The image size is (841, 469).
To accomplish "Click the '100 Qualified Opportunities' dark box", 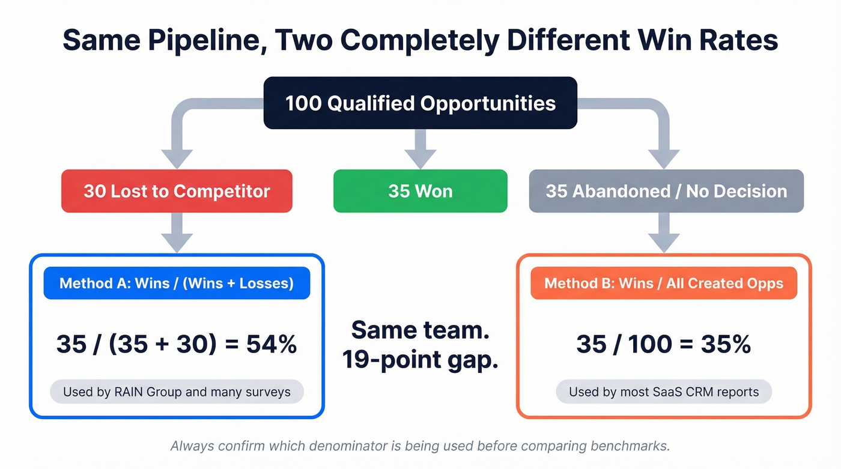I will (x=421, y=103).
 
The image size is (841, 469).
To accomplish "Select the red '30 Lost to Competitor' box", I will (x=177, y=191).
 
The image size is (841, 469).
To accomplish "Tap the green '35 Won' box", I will (x=421, y=191).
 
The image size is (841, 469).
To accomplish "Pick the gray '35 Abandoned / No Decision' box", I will (x=666, y=191).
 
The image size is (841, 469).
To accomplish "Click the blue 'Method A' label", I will (x=177, y=283).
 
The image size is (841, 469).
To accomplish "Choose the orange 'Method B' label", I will (x=664, y=283).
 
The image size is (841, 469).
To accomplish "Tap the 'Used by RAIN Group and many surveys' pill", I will (x=177, y=392).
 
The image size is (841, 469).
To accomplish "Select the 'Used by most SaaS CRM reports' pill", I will (x=664, y=392).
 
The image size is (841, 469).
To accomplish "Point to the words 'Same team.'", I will (x=421, y=330).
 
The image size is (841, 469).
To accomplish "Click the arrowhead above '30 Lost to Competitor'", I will (x=177, y=158).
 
